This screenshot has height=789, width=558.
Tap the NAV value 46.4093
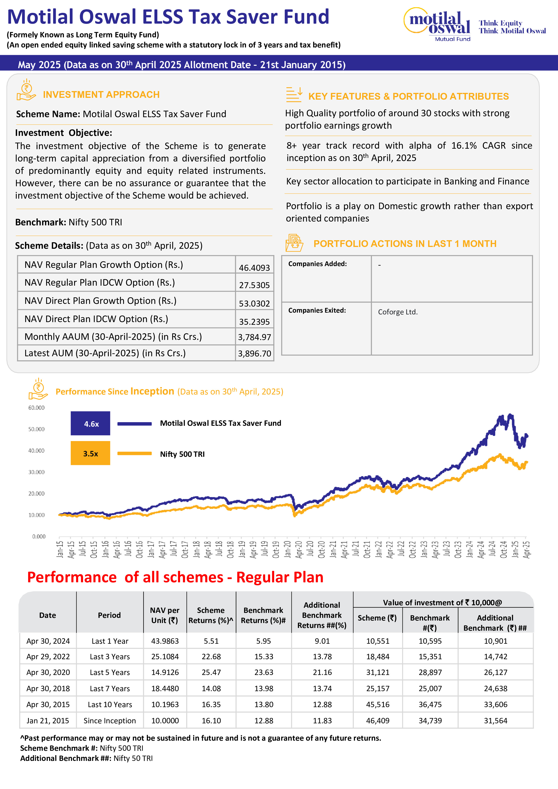pos(254,268)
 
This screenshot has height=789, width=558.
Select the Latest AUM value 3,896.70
pos(254,353)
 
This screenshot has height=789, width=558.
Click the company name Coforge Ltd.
pos(398,312)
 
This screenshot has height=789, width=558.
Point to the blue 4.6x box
pos(90,423)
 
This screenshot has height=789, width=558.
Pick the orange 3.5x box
pos(90,453)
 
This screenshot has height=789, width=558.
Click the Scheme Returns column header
pos(211,615)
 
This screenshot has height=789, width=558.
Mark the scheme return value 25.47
pos(211,672)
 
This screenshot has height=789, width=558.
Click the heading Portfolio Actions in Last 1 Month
pos(405,244)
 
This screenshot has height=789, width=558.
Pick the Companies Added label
pos(317,264)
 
